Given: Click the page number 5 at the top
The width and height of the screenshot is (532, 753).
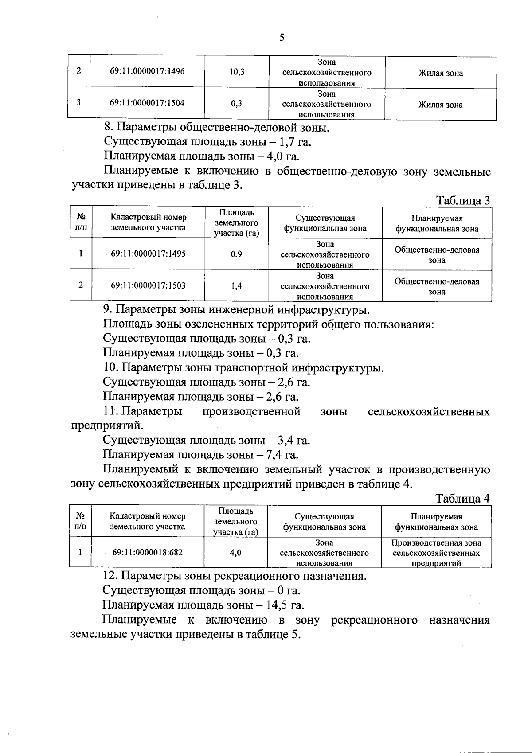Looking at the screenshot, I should [282, 38].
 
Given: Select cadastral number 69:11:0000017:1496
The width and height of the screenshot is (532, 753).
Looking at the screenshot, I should [147, 71].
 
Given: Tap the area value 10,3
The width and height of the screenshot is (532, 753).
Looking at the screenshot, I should [237, 72].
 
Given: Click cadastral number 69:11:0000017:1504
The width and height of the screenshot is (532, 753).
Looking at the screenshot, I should [147, 103].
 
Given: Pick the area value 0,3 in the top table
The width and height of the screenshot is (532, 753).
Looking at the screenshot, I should [237, 104].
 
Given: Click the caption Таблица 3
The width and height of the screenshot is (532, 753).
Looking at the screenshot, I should [463, 200].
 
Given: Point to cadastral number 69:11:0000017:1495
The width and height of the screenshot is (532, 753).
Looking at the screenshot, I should [148, 254].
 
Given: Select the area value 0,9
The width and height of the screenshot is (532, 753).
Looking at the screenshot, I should [237, 254].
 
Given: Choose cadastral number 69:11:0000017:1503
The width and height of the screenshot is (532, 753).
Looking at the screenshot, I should [148, 285].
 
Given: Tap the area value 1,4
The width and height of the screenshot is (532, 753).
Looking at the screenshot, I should [237, 286].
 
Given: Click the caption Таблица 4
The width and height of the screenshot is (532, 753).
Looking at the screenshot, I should [463, 498].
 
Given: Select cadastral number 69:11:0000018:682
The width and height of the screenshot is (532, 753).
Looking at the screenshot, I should [147, 552].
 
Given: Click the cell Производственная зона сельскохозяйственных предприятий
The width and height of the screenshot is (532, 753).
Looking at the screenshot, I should [436, 553].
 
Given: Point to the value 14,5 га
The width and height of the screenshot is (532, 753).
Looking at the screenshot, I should [286, 605].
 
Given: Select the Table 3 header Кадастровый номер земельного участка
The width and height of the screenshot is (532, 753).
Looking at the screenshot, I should [148, 222].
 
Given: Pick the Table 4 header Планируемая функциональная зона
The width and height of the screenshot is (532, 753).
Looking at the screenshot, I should [436, 522].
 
